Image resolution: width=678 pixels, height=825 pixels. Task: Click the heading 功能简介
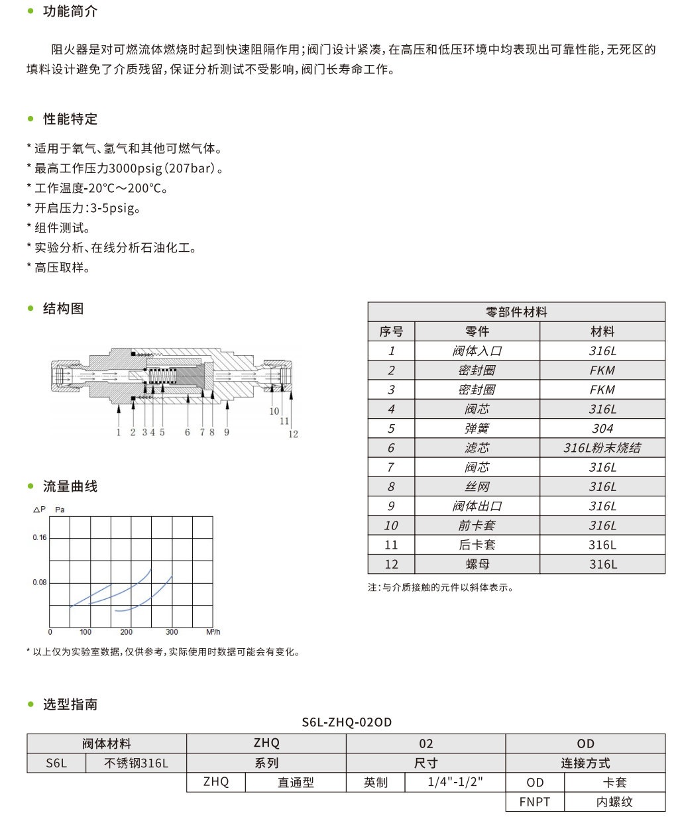70,11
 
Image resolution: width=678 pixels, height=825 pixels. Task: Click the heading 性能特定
70,119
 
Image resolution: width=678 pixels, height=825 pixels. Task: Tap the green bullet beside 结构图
30,308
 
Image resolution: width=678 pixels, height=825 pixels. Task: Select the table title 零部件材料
516,312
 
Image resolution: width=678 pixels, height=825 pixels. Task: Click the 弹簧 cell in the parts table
477,429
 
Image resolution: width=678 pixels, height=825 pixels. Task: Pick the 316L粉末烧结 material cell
602,448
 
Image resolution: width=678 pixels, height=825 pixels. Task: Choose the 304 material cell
602,429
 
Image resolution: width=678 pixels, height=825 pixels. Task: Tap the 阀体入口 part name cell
477,351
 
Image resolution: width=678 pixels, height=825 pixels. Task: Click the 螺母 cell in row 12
477,565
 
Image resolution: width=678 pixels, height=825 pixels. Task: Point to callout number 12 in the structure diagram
293,434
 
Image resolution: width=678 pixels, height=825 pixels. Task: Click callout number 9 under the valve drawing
227,432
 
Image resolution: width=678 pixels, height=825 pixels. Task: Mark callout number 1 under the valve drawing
119,432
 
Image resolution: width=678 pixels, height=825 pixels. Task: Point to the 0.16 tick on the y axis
40,537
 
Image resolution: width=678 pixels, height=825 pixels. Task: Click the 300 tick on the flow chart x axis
172,632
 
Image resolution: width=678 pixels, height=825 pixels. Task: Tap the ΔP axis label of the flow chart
39,509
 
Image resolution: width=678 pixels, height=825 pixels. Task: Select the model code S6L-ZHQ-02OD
347,722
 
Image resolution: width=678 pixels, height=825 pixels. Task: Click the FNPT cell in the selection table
535,802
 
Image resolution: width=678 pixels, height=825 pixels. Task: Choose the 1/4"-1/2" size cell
455,782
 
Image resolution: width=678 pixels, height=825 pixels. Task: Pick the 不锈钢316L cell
136,763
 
